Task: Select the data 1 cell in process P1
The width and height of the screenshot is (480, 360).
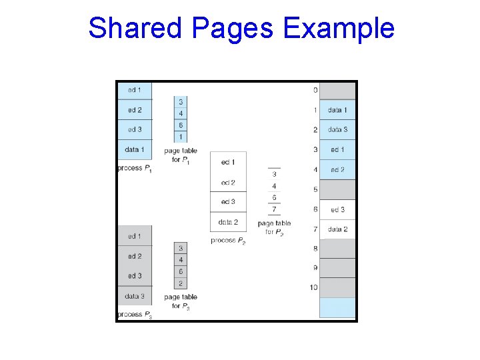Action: tap(135, 149)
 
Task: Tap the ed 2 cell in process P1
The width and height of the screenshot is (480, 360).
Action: tap(135, 110)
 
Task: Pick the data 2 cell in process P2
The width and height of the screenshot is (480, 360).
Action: tap(228, 222)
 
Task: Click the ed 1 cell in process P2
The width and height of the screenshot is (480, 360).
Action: tap(228, 162)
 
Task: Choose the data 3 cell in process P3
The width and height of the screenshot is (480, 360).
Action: tap(135, 295)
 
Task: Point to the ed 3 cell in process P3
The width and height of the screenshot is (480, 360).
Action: tap(135, 275)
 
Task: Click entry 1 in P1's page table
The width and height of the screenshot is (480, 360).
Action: tap(181, 137)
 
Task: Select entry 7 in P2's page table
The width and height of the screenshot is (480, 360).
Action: tap(274, 209)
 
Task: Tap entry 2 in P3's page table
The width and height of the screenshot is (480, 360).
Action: tap(181, 283)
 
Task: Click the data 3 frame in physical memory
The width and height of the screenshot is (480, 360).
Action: tap(337, 130)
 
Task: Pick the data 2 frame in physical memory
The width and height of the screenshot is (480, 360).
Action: tap(337, 229)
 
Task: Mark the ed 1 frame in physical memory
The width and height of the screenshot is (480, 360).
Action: tap(337, 149)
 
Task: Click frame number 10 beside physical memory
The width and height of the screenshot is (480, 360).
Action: tap(313, 287)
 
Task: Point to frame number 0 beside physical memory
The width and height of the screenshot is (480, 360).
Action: tap(315, 90)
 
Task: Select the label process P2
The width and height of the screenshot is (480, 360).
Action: tap(228, 240)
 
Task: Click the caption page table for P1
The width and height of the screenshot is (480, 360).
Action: tap(181, 156)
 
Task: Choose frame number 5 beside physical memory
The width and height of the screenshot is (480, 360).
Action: tap(315, 190)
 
